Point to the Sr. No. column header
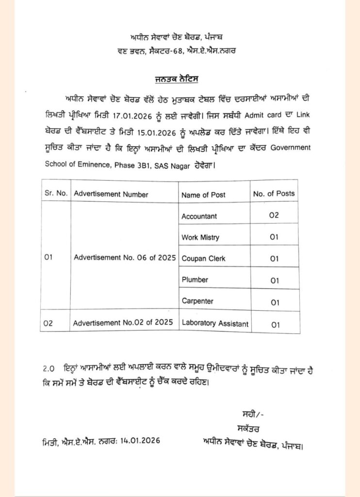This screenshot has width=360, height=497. pyautogui.click(x=56, y=194)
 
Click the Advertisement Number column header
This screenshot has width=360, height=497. pyautogui.click(x=111, y=194)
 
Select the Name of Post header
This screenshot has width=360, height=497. pyautogui.click(x=203, y=195)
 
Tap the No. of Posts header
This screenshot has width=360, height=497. pyautogui.click(x=274, y=194)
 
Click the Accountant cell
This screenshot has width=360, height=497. pyautogui.click(x=199, y=216)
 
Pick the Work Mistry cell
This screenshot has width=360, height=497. pyautogui.click(x=200, y=237)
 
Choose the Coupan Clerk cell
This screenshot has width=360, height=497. pyautogui.click(x=203, y=259)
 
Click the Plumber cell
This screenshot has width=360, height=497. pyautogui.click(x=195, y=280)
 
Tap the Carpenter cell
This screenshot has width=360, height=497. pyautogui.click(x=197, y=301)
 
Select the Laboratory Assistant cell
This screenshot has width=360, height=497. pyautogui.click(x=214, y=323)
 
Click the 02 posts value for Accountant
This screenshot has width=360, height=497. pyautogui.click(x=274, y=215)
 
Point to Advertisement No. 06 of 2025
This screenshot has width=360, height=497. pyautogui.click(x=125, y=258)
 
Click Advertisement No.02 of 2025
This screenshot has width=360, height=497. pyautogui.click(x=124, y=323)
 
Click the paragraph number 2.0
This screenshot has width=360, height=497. pyautogui.click(x=49, y=368)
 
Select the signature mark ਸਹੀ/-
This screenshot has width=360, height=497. pyautogui.click(x=252, y=414)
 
